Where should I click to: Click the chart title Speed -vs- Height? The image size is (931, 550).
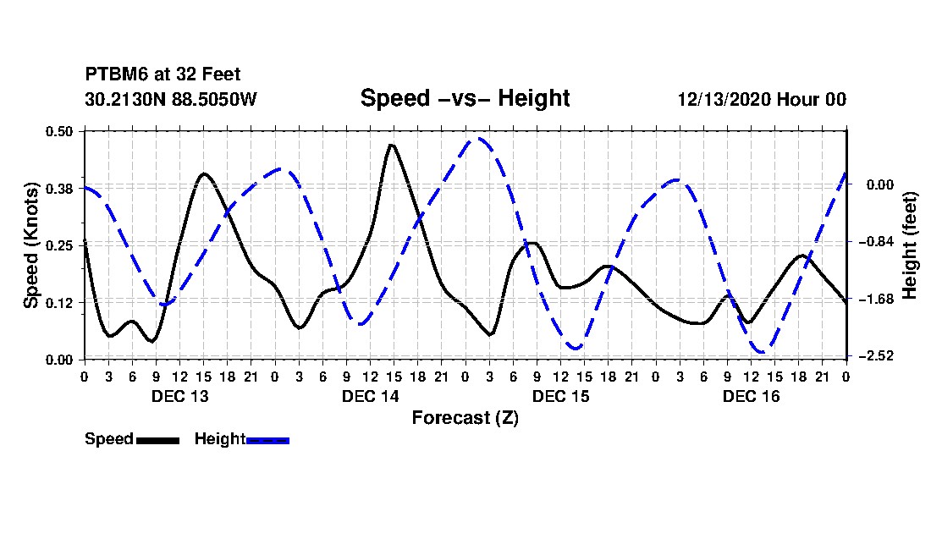pos(465,98)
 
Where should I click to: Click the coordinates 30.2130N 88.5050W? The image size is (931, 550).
pos(171,99)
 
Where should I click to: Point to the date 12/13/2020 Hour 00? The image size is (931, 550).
pos(762,99)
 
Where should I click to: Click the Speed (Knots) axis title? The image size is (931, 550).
pos(31,245)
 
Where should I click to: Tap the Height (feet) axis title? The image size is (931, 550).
pos(911,245)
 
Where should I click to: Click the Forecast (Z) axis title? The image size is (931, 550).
pos(465,417)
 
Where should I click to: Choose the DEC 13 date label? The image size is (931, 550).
pos(179,396)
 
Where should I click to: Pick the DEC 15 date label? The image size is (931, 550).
pos(560,396)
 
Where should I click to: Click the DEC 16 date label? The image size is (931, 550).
pos(751,396)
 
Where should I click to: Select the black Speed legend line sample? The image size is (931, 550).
pos(157,440)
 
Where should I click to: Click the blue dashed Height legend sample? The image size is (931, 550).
pos(267,440)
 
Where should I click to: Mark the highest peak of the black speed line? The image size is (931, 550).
pos(391,145)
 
